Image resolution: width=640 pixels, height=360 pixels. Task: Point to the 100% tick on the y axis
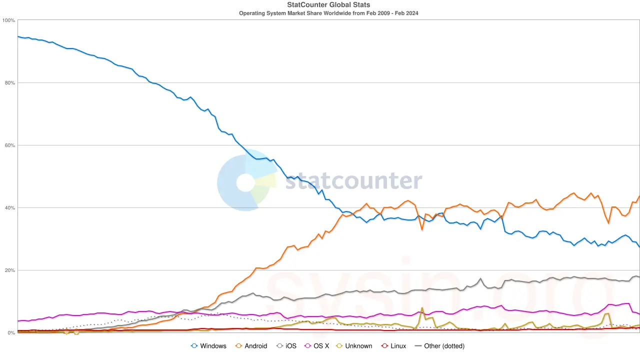(8, 20)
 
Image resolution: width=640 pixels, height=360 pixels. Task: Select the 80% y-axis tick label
(9, 83)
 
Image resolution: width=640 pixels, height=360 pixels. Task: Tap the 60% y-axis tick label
(9, 145)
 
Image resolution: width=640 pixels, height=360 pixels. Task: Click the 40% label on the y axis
(9, 208)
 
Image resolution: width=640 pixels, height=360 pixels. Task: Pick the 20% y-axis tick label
(9, 270)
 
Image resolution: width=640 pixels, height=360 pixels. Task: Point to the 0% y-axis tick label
(11, 333)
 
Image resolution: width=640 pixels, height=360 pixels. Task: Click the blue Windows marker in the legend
(194, 346)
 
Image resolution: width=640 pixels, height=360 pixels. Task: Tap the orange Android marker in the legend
(238, 346)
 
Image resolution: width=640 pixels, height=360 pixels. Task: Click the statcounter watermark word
(353, 181)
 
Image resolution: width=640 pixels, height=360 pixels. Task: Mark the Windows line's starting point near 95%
(18, 36)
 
